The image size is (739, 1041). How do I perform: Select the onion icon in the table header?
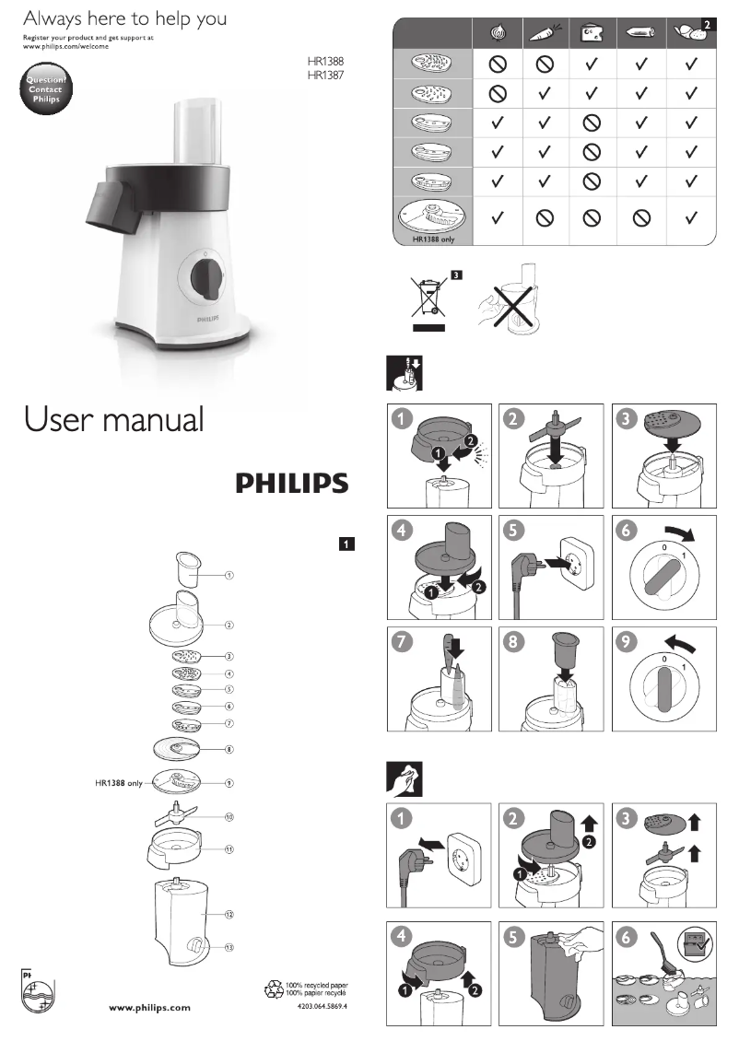[499, 33]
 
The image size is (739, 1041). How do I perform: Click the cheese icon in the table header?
[591, 33]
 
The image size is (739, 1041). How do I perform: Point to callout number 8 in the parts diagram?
[229, 750]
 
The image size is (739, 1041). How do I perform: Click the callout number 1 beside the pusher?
[229, 575]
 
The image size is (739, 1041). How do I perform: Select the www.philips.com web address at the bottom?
[150, 1008]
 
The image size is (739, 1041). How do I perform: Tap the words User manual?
[114, 419]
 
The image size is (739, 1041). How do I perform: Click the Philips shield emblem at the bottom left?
[37, 992]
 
